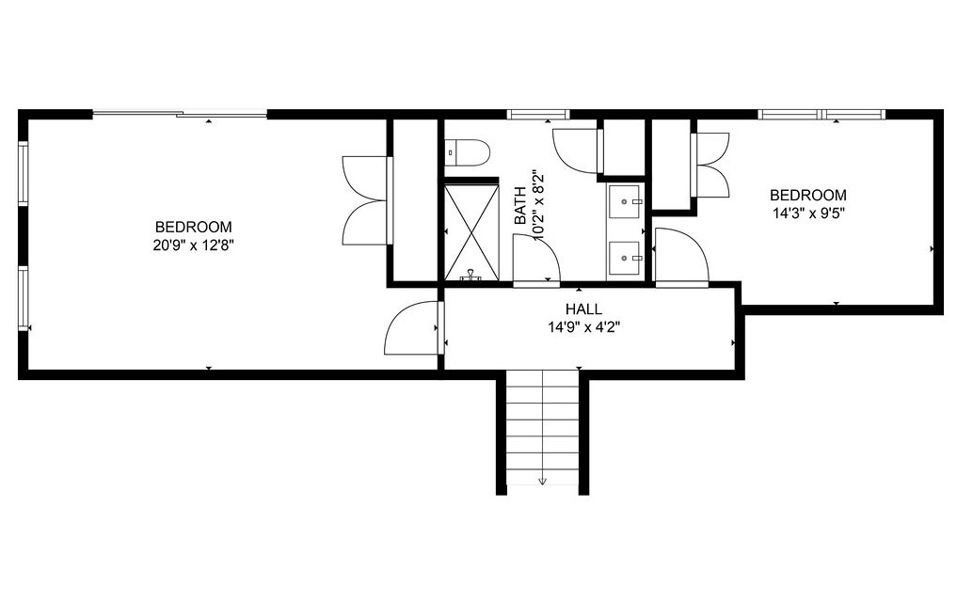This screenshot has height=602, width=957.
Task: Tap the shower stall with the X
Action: [x=471, y=230]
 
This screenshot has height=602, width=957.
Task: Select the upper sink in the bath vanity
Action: [x=625, y=200]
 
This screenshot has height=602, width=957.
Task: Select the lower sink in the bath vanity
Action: [x=625, y=257]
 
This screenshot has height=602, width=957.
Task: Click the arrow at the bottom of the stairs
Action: [x=542, y=479]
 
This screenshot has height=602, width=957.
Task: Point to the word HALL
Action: [x=583, y=309]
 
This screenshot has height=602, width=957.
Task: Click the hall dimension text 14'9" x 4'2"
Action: [x=583, y=327]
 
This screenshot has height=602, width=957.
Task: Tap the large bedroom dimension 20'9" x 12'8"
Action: [x=193, y=246]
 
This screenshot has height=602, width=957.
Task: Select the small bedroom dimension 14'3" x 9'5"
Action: [x=807, y=213]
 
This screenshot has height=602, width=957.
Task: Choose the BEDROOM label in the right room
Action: [x=807, y=195]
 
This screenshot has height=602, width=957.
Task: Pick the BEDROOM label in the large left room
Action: [x=193, y=227]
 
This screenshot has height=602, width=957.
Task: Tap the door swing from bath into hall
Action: [x=535, y=259]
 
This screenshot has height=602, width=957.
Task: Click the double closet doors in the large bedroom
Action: [x=365, y=199]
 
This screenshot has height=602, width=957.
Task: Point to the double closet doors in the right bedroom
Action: [x=710, y=165]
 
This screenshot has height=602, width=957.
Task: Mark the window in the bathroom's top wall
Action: [x=538, y=115]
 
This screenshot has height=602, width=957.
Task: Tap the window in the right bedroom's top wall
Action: [x=821, y=115]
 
